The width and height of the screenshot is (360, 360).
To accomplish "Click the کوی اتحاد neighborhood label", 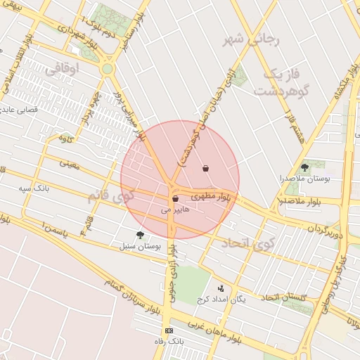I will (x=245, y=243).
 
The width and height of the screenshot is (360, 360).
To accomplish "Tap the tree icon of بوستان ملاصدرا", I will (x=304, y=167).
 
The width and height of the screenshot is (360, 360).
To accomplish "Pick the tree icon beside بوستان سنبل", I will (x=140, y=236).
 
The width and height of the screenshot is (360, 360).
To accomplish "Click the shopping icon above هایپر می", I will (x=175, y=199).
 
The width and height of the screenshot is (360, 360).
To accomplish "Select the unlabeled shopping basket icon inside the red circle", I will (x=205, y=168).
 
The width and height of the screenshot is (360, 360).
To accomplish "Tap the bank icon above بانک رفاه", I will (x=169, y=330).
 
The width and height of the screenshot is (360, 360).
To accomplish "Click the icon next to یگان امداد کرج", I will (x=221, y=288).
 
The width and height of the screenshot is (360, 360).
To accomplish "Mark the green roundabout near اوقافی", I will (x=107, y=69).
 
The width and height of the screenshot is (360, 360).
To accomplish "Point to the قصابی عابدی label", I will (x=20, y=110).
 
